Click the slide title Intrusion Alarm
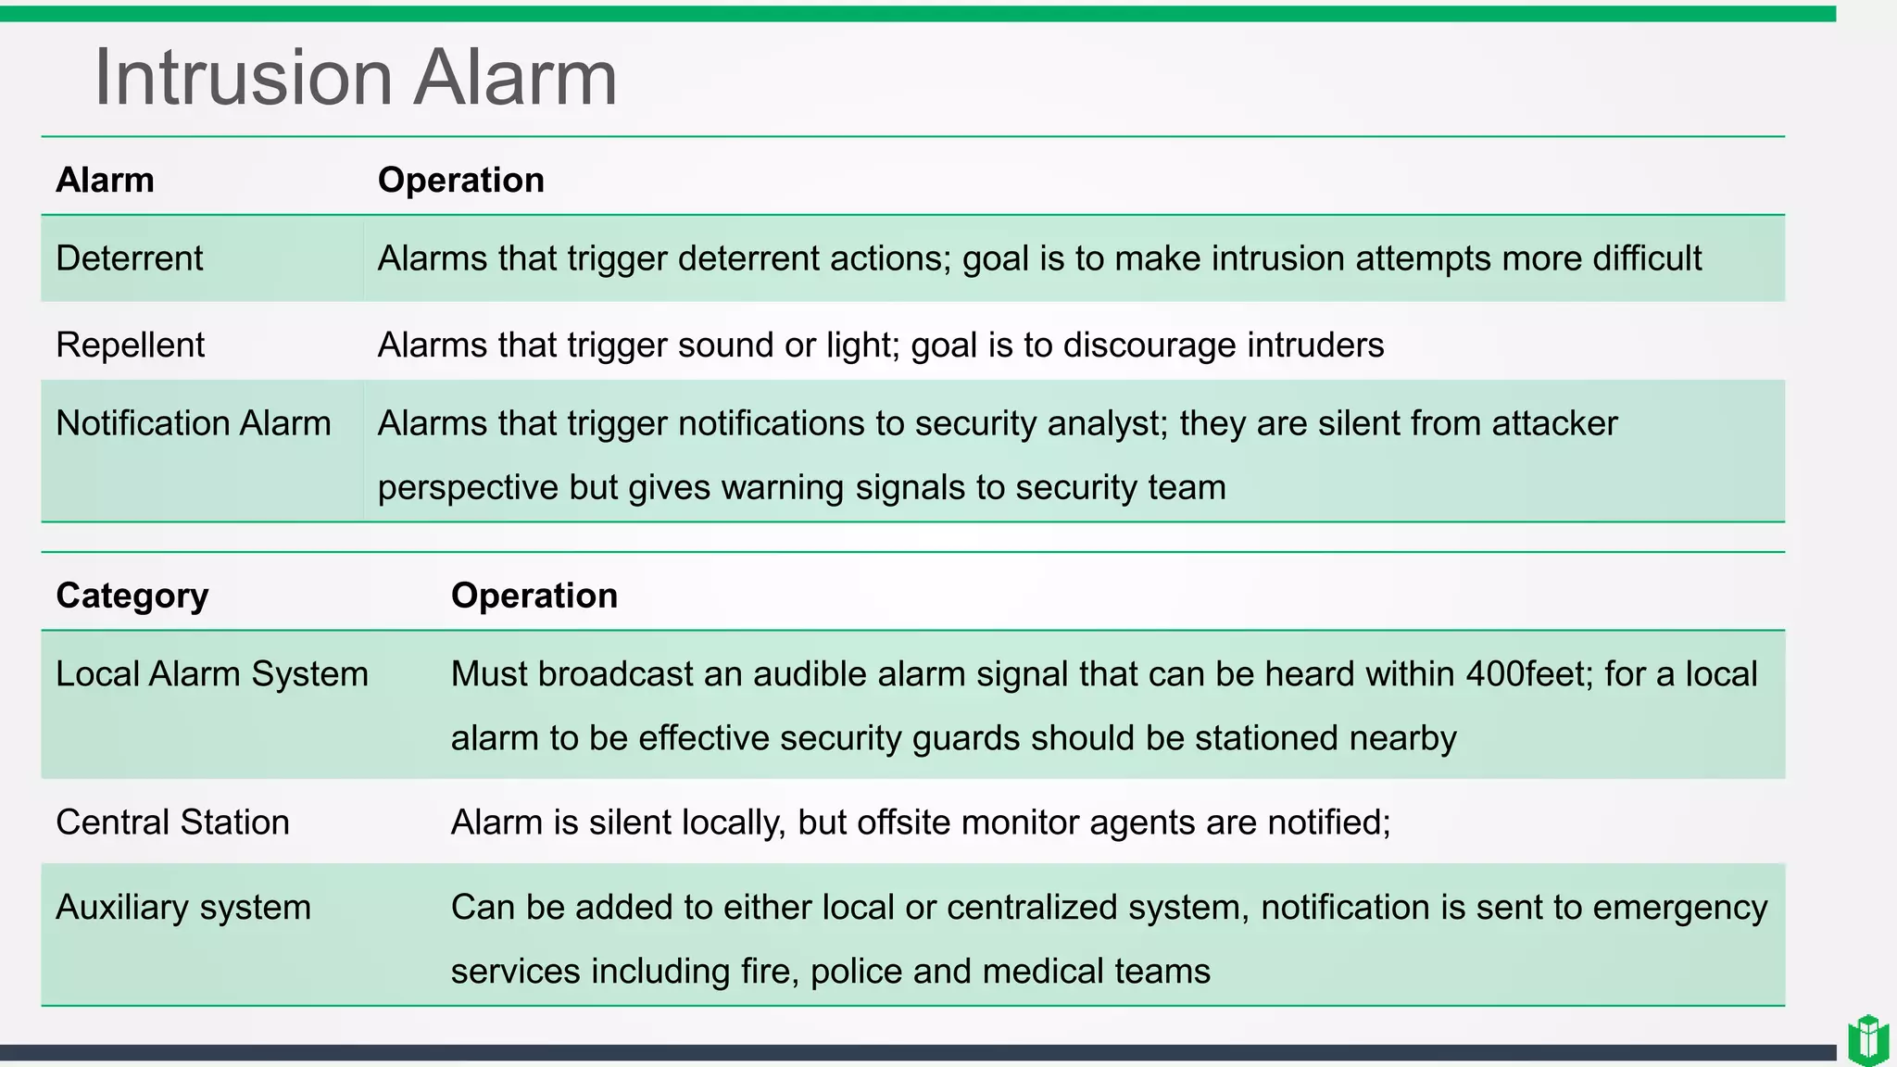pos(355,78)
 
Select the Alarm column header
pos(105,180)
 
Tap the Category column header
pos(132,596)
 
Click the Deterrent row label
pos(129,258)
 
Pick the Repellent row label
pos(130,345)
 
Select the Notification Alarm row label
pos(193,423)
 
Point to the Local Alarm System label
pos(211,674)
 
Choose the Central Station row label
pos(172,822)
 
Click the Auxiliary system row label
pos(182,908)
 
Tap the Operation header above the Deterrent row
pos(460,180)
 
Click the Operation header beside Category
pos(534,596)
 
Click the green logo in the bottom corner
pos(1867,1040)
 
